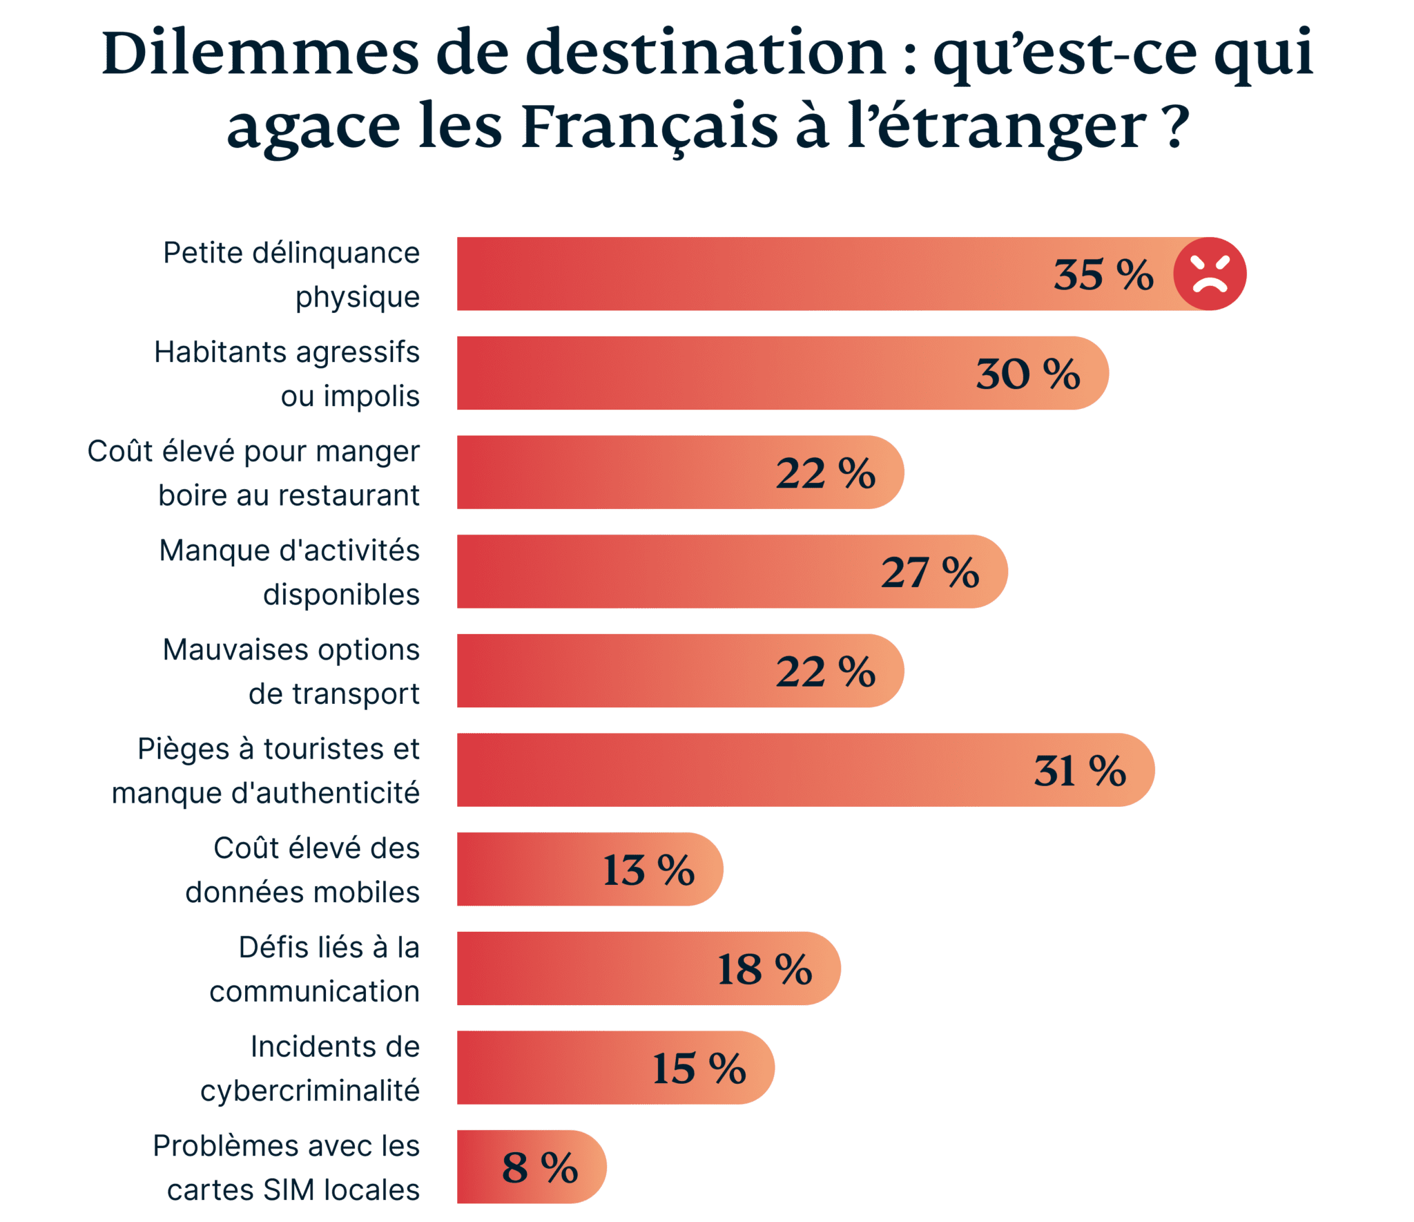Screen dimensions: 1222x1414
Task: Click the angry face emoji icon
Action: click(1210, 274)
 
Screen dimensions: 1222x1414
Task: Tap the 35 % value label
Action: click(1103, 275)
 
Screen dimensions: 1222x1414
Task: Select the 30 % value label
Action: click(1027, 374)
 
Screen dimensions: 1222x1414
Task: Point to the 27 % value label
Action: click(929, 572)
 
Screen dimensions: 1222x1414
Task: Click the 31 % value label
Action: click(1079, 770)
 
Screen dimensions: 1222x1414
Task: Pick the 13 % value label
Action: click(648, 870)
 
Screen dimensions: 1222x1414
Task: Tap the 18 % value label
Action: click(764, 969)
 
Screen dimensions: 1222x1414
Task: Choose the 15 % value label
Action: click(699, 1069)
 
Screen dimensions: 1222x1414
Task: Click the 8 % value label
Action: click(539, 1167)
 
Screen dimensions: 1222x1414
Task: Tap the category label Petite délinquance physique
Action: click(291, 275)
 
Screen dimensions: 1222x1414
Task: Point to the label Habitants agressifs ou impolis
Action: click(287, 374)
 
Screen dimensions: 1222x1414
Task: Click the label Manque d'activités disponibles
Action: click(290, 572)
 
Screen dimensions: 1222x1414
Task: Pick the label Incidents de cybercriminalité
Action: click(310, 1069)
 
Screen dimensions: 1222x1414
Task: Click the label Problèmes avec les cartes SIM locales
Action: click(287, 1167)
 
